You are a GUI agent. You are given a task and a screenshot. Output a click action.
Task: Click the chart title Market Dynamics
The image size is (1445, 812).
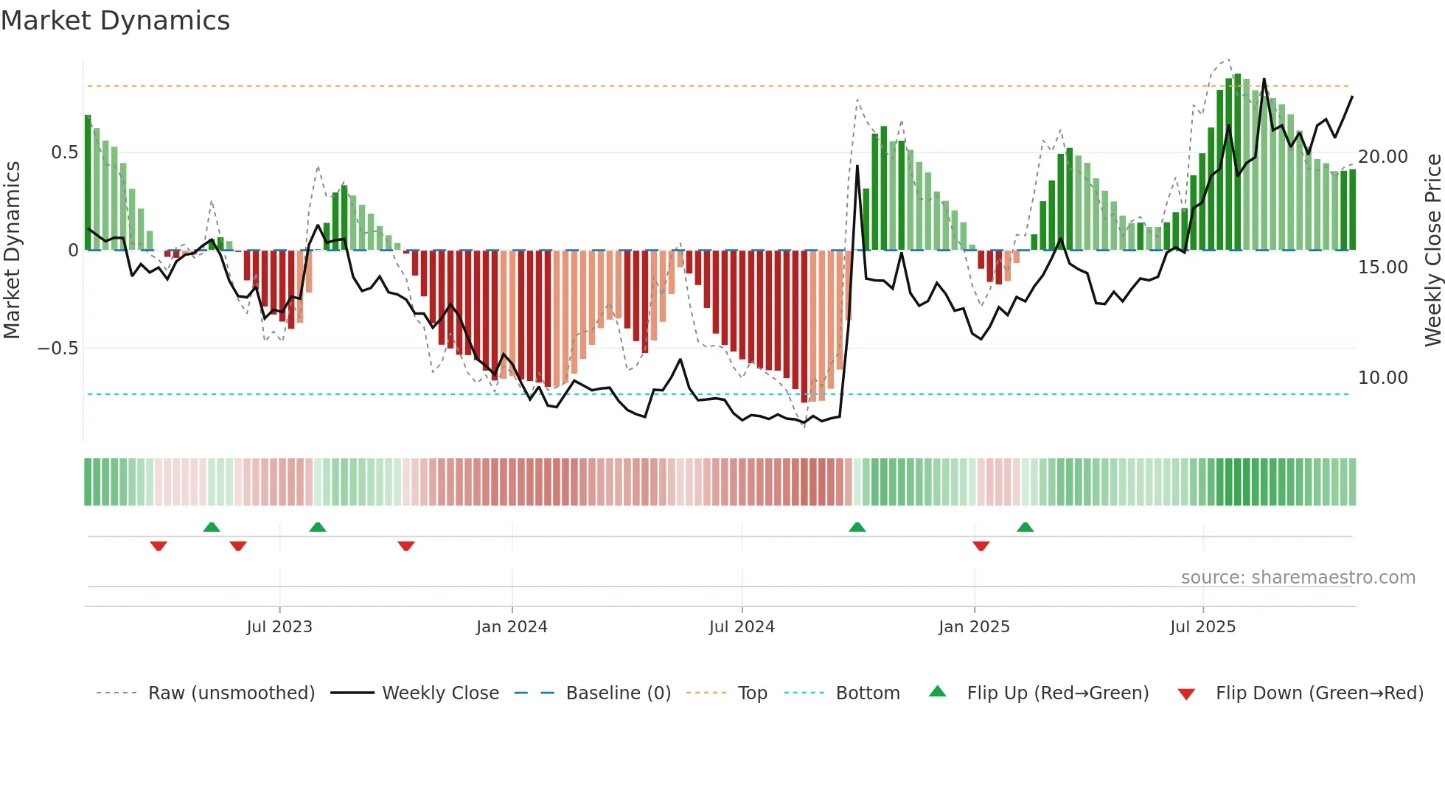click(115, 21)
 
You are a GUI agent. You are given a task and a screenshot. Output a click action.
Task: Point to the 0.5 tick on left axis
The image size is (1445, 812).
click(64, 153)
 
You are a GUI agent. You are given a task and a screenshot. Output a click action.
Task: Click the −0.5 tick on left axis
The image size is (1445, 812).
click(58, 348)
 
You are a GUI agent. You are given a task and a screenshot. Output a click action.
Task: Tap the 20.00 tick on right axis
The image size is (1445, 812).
click(1383, 157)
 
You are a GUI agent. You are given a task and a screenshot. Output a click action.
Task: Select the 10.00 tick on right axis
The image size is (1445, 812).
click(1383, 378)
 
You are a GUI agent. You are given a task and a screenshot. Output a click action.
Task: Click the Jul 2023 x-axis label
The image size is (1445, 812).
click(279, 627)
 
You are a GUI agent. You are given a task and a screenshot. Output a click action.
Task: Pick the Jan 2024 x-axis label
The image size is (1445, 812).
click(512, 627)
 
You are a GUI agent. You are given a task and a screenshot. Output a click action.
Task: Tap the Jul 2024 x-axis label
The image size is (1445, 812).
click(742, 627)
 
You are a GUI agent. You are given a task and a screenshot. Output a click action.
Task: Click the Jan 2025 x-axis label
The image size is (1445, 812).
click(974, 627)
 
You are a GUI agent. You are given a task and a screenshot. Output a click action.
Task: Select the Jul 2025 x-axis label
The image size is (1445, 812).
click(1202, 627)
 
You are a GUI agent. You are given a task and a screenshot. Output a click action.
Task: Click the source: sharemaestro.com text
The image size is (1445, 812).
click(1298, 578)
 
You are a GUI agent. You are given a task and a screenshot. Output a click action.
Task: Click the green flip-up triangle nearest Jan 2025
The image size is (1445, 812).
click(1025, 528)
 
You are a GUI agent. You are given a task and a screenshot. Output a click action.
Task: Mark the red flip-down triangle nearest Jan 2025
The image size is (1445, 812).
click(981, 546)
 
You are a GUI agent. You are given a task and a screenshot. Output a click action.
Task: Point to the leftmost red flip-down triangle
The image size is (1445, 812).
click(159, 546)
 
